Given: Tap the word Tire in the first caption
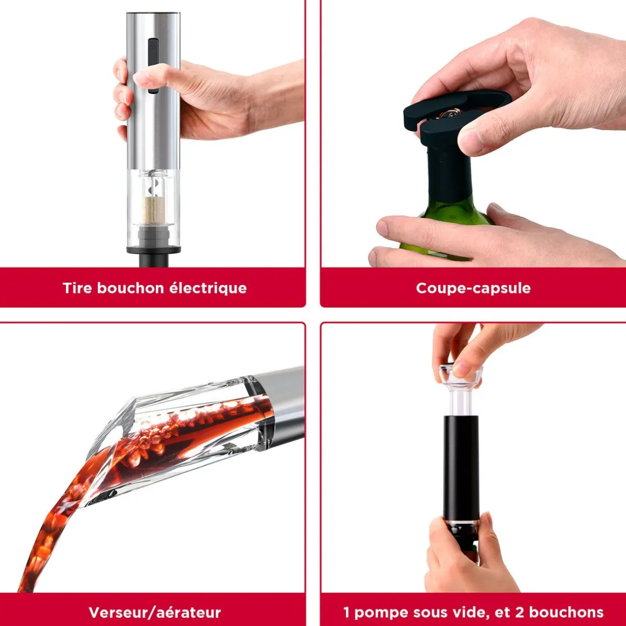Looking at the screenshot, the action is coord(77,288).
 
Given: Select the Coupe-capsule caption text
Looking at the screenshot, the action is coord(473,288).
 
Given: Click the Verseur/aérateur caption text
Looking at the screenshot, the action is coord(154,612).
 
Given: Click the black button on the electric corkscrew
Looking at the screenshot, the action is coord(153,65).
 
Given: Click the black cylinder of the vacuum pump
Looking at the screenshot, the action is coord(461,468).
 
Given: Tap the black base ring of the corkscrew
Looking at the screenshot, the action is coord(154,250).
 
